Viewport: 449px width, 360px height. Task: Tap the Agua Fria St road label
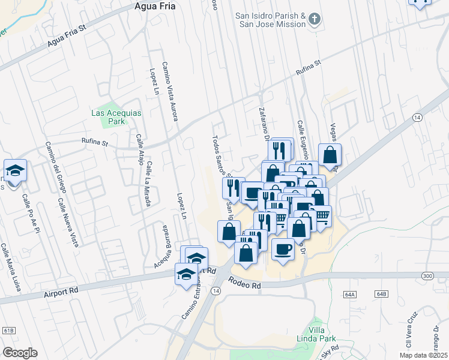coord(67,37)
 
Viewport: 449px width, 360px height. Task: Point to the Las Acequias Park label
coord(108,116)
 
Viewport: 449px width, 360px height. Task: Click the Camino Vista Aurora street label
coord(170,91)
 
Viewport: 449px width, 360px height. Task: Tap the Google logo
coord(20,353)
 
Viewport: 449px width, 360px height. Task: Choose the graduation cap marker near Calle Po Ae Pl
coord(15,170)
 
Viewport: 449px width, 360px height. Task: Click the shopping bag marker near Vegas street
coord(330,155)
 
